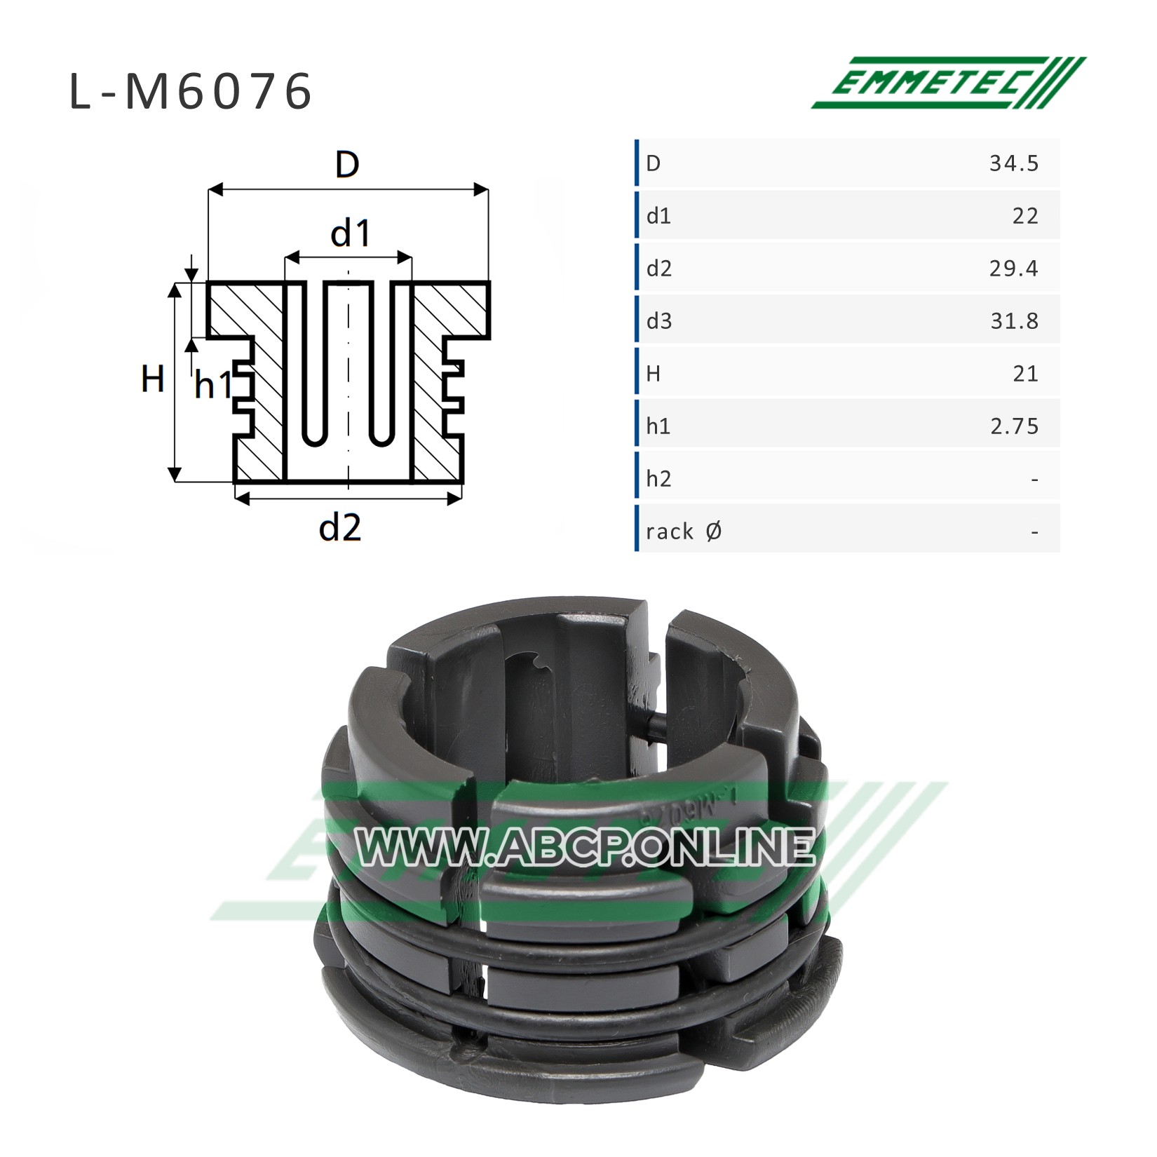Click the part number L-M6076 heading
191,93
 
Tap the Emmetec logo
948,83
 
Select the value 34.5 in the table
1014,163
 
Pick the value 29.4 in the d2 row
1014,269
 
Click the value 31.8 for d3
1014,321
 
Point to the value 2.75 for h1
1015,426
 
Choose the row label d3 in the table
659,321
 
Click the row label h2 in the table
659,479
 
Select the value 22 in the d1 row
1025,216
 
